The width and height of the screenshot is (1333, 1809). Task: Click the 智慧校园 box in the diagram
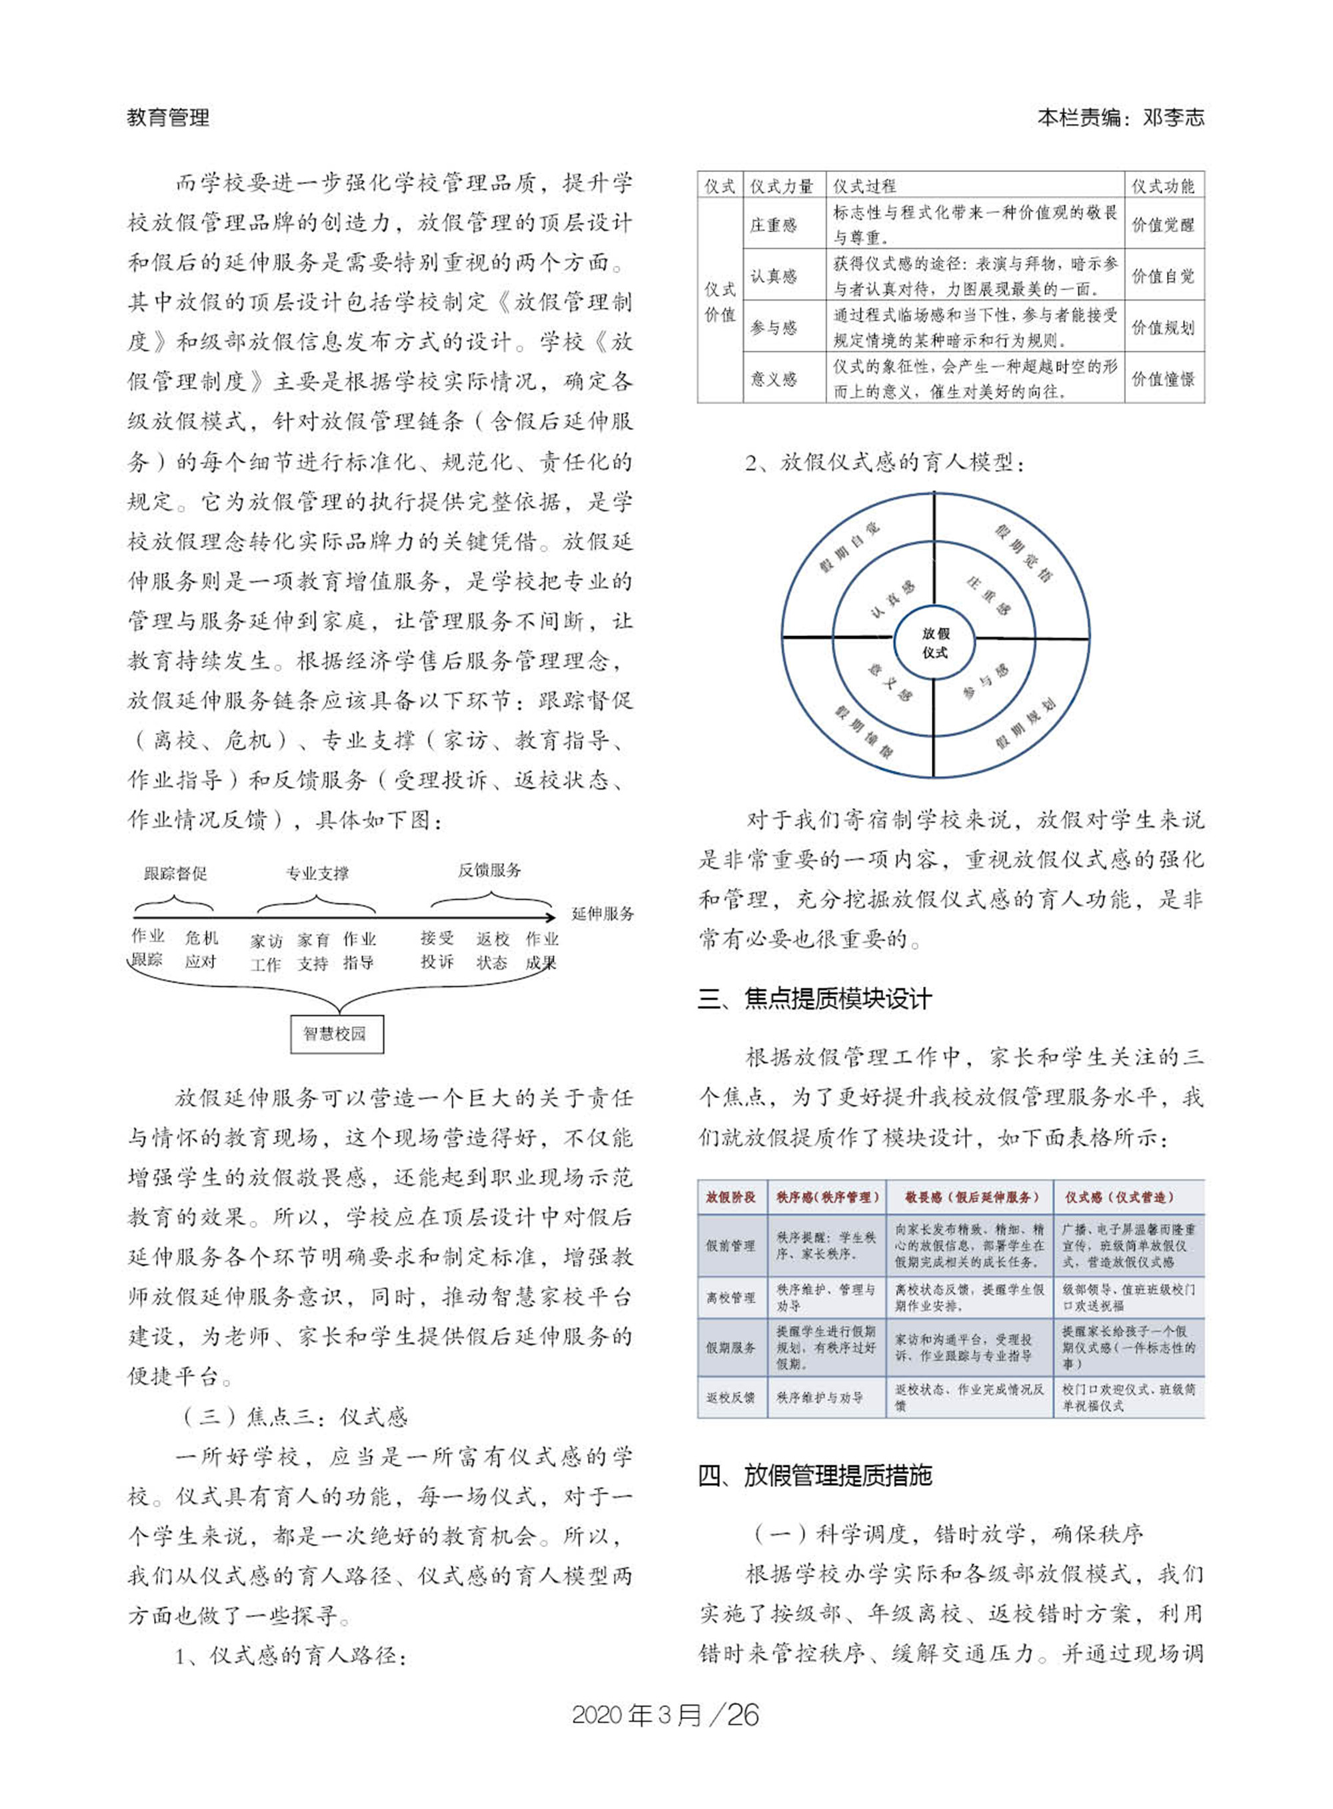pyautogui.click(x=337, y=1034)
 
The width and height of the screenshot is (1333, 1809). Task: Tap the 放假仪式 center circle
pyautogui.click(x=935, y=643)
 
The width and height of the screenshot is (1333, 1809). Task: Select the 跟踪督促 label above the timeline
pyautogui.click(x=176, y=873)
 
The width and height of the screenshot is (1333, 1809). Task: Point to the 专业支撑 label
pyautogui.click(x=317, y=873)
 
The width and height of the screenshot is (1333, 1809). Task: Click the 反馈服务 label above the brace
pyautogui.click(x=490, y=870)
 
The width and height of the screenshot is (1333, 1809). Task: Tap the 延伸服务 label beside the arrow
pyautogui.click(x=602, y=914)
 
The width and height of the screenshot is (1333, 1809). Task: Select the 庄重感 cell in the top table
pyautogui.click(x=774, y=225)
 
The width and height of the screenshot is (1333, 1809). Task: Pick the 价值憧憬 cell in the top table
pyautogui.click(x=1163, y=379)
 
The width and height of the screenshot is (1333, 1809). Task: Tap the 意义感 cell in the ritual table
pyautogui.click(x=774, y=379)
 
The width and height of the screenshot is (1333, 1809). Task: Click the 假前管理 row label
pyautogui.click(x=731, y=1246)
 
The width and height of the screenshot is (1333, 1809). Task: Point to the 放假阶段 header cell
pyautogui.click(x=731, y=1197)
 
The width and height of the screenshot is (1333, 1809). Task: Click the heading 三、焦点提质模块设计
pyautogui.click(x=815, y=1000)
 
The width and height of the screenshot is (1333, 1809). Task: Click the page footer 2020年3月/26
pyautogui.click(x=666, y=1714)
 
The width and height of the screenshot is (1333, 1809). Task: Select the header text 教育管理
pyautogui.click(x=169, y=118)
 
